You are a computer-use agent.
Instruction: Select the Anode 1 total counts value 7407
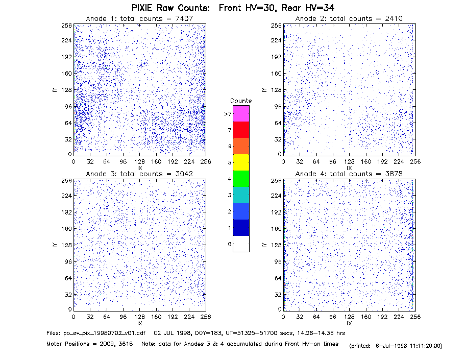pos(184,18)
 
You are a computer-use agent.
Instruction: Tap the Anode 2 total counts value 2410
pos(394,18)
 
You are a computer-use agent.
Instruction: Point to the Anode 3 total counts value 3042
pos(184,174)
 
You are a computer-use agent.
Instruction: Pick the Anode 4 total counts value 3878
pos(394,174)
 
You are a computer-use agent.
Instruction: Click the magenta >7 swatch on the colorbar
pos(241,113)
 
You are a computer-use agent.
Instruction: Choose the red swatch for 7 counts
pos(241,130)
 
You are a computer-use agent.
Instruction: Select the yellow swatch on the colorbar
pos(241,162)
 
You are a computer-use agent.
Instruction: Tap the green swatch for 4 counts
pos(241,179)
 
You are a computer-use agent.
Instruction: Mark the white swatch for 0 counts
pos(241,244)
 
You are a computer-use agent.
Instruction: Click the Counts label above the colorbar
pos(241,101)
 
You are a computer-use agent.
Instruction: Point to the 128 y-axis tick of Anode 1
pos(66,90)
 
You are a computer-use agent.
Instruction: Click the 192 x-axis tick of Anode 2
pos(382,161)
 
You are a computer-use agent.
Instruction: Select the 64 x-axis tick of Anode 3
pos(107,317)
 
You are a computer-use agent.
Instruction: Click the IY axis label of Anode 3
pos(55,245)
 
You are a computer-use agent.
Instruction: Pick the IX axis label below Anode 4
pos(349,323)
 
